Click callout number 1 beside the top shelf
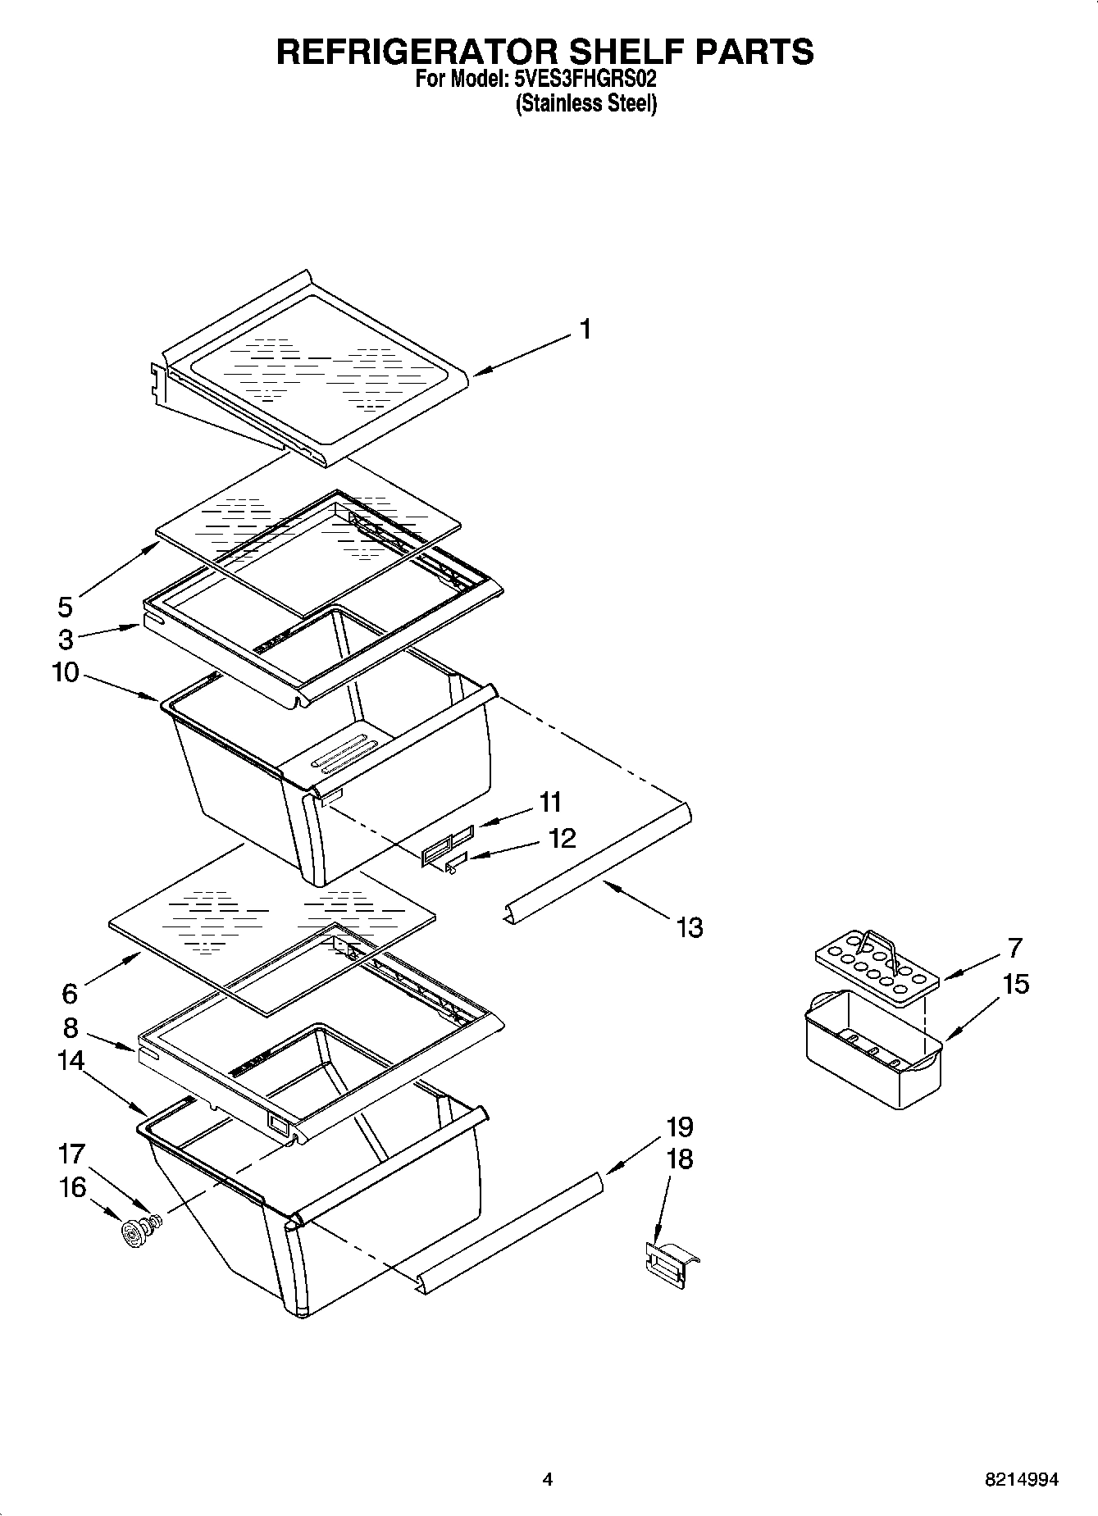tap(585, 330)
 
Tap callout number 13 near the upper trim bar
tap(690, 928)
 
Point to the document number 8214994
tap(1021, 1480)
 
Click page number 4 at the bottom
tap(548, 1480)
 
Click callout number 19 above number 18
tap(680, 1127)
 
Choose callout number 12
tap(562, 838)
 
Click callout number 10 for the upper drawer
tap(66, 673)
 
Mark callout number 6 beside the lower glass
tap(70, 994)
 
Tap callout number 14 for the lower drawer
tap(71, 1060)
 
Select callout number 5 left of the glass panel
tap(66, 608)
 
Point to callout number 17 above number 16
tap(71, 1154)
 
